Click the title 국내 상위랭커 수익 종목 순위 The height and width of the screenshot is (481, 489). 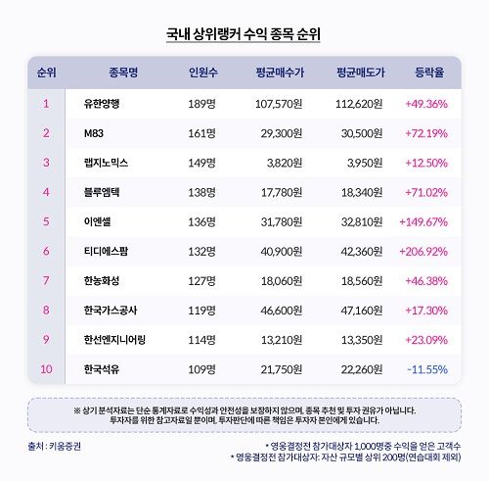click(244, 34)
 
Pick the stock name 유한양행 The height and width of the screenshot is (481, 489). click(103, 102)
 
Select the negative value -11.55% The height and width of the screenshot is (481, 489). click(425, 371)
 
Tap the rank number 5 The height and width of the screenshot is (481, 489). click(46, 221)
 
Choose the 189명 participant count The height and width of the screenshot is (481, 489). click(201, 102)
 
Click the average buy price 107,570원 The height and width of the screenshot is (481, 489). click(280, 102)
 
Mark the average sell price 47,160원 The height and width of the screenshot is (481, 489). click(359, 312)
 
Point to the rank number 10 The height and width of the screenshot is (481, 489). click(46, 371)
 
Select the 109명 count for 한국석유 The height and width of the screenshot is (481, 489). click(201, 371)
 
